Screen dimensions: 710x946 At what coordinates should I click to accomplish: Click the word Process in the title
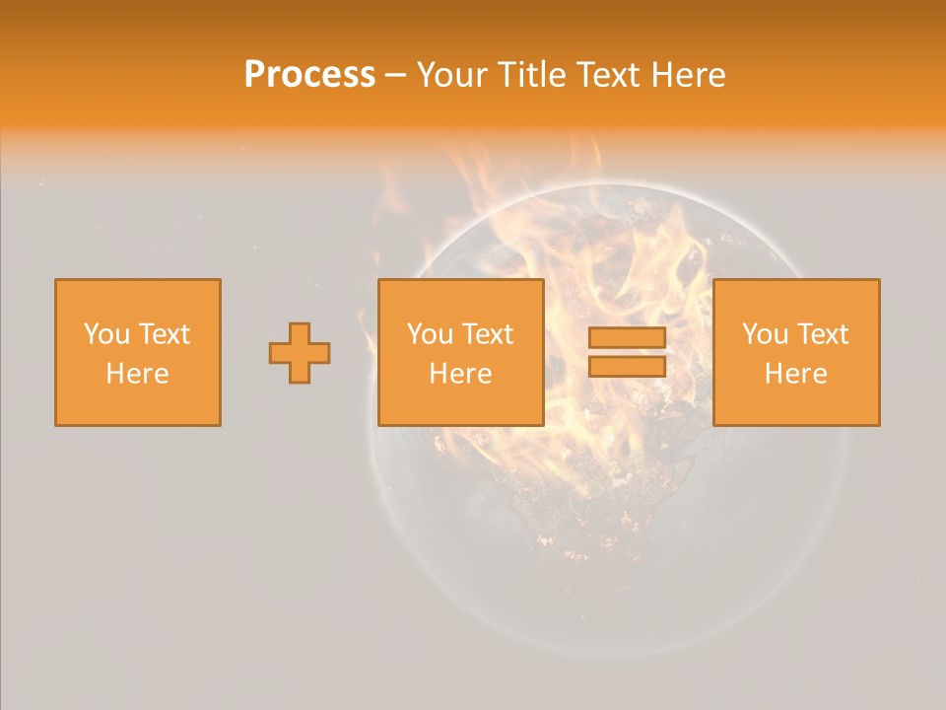(x=309, y=74)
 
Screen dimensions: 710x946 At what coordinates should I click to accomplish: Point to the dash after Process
(x=395, y=75)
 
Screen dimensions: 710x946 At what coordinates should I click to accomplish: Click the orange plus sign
(x=300, y=353)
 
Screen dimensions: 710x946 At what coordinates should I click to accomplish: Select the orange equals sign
(x=627, y=352)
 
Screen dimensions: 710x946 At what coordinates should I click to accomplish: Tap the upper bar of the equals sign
(x=627, y=338)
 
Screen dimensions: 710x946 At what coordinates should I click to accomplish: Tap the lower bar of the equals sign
(x=627, y=366)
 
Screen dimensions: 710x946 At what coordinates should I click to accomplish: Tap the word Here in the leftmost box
(x=138, y=374)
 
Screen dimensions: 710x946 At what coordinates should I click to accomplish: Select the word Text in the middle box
(x=488, y=334)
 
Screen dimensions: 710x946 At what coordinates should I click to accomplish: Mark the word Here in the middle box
(x=461, y=374)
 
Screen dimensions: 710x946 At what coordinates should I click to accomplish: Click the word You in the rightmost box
(x=765, y=334)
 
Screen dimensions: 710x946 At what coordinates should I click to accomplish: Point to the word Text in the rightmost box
(x=823, y=334)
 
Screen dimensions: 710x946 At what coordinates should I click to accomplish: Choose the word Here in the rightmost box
(x=796, y=374)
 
